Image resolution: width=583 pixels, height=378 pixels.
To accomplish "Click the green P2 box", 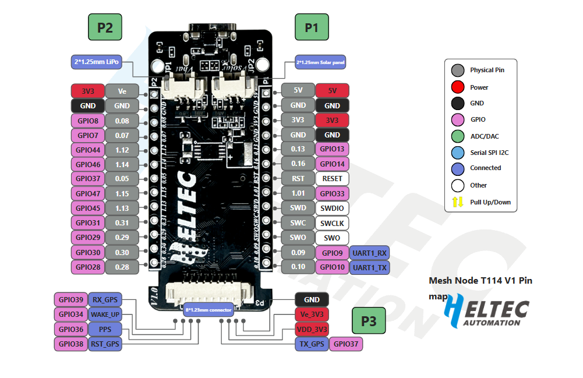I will [x=105, y=27].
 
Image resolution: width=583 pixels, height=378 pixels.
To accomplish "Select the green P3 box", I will [x=369, y=321].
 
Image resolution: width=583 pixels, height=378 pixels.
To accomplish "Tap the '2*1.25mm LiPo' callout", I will [x=97, y=62].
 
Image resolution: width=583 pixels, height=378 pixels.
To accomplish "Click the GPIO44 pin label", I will [x=87, y=150].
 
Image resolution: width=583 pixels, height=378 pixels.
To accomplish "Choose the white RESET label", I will [x=332, y=178].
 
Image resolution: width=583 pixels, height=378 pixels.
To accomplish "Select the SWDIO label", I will [x=332, y=208].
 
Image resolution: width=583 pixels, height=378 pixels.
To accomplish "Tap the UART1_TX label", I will [x=369, y=267].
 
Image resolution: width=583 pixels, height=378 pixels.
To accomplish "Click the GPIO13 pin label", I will [x=332, y=149].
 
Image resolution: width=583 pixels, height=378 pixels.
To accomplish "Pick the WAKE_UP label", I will [x=105, y=315].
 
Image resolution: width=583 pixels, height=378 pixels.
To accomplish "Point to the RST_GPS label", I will [x=105, y=344].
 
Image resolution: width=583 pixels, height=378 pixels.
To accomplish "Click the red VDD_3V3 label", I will [x=312, y=329].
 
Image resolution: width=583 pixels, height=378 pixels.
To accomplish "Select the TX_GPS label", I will [x=312, y=344].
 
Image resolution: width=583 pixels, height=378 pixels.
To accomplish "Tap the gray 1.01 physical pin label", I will [x=298, y=193].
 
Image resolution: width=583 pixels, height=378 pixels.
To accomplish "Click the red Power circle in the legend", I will [x=458, y=87].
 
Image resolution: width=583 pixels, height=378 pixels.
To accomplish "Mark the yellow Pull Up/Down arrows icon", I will [x=458, y=203].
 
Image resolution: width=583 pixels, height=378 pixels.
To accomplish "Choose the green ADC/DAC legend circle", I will [x=458, y=136].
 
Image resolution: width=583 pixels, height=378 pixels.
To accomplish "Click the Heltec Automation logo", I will [x=486, y=311].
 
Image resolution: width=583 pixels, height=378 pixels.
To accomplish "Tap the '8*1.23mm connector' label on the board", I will [x=209, y=309].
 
